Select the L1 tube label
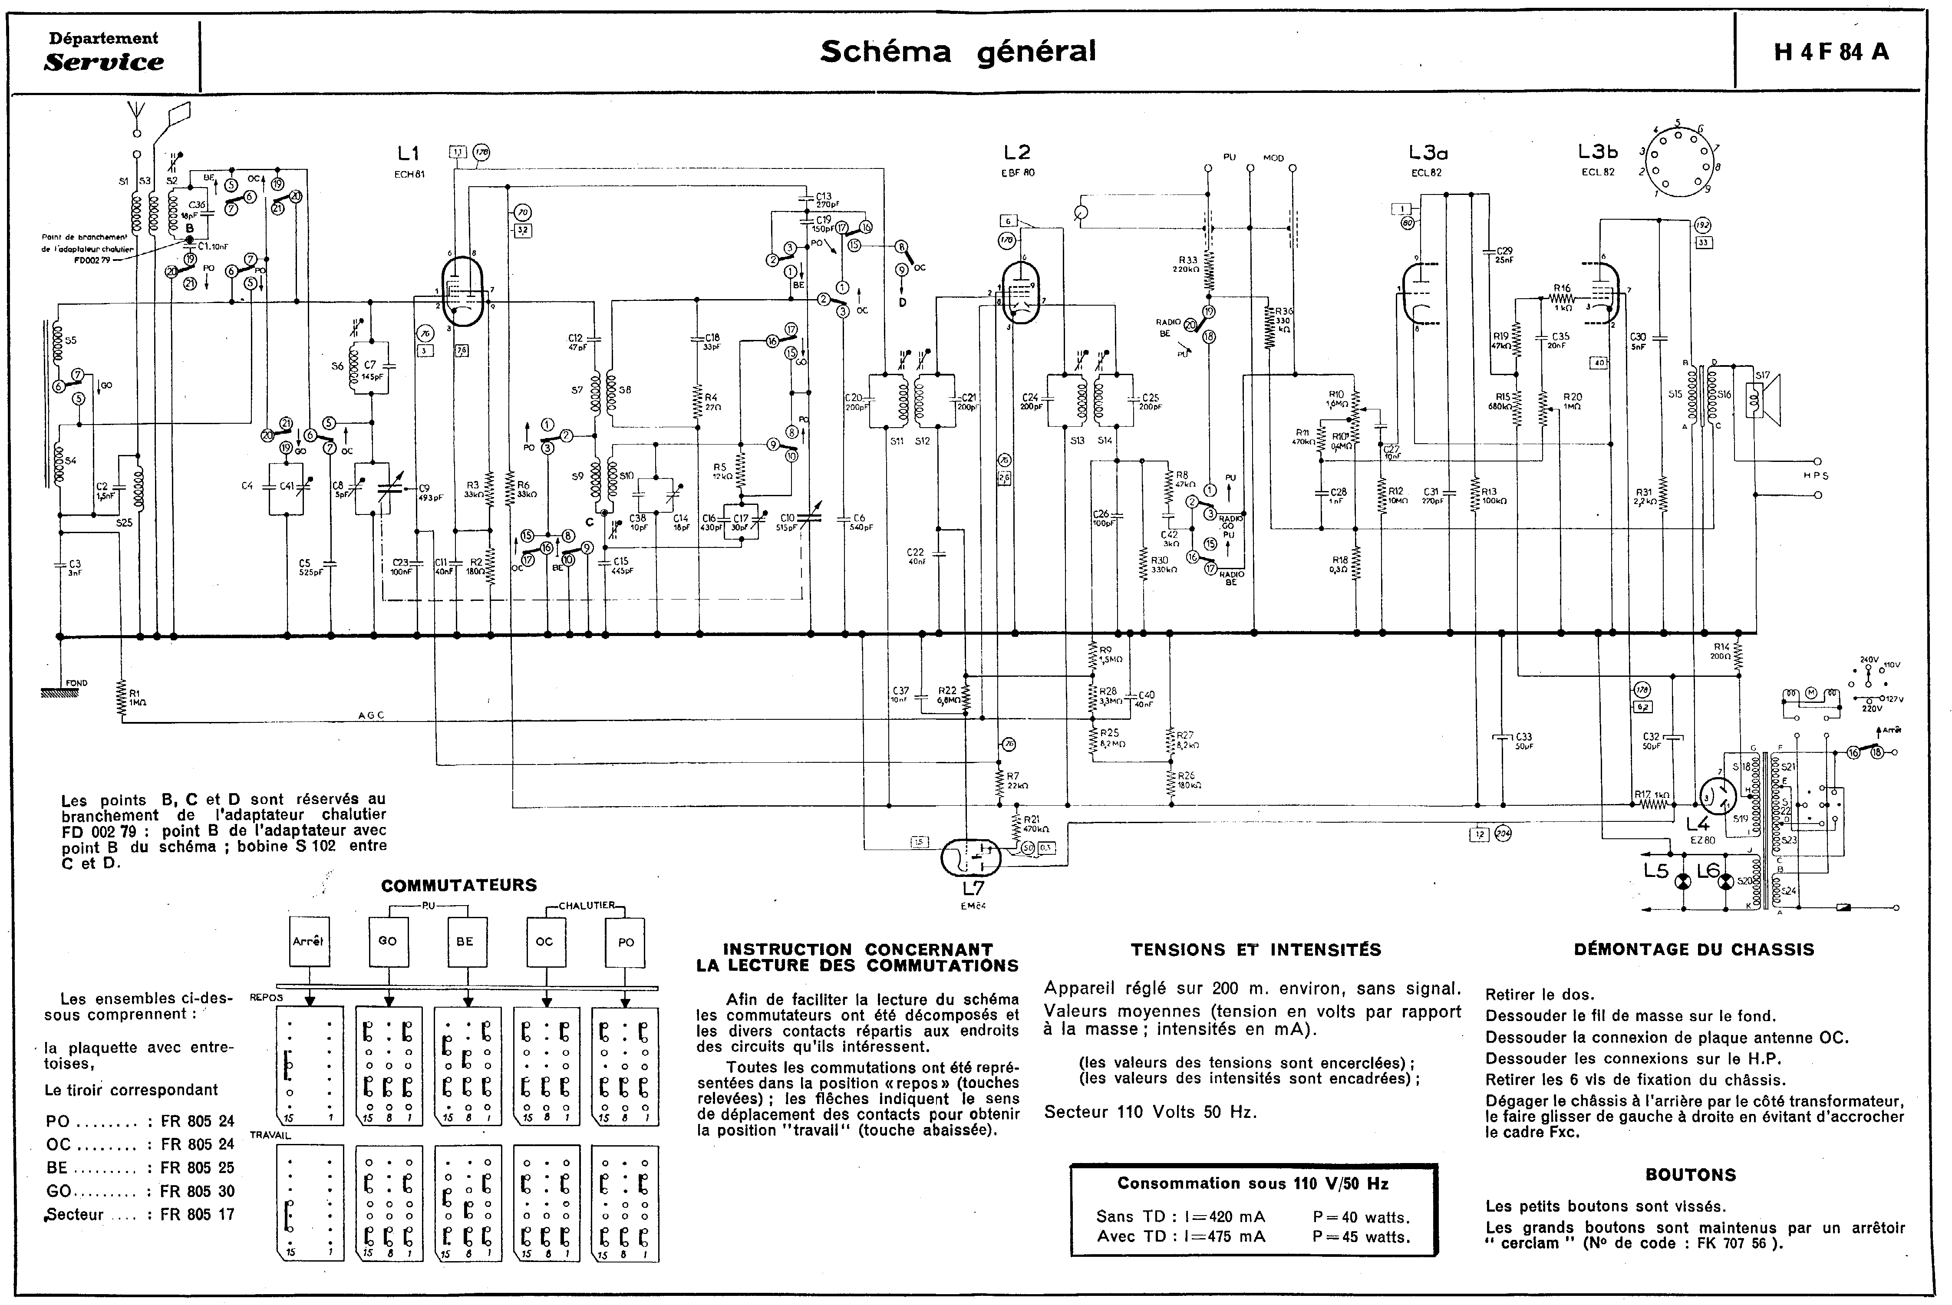tap(408, 153)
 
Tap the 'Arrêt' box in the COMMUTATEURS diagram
tap(308, 941)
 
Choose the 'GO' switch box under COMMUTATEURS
tap(387, 941)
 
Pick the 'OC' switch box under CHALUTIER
tap(544, 941)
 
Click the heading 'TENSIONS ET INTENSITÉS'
tap(1255, 949)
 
